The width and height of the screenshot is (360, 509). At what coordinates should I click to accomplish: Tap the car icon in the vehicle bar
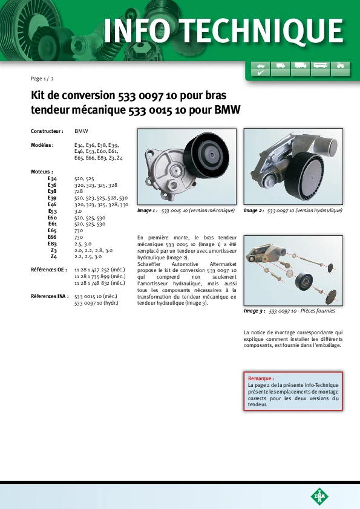pos(261,65)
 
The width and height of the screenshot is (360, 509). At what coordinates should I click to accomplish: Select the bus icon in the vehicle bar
pos(320,65)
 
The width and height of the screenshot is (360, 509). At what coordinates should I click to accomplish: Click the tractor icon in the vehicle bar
pos(340,65)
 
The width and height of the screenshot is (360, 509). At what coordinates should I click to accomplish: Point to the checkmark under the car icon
pos(261,73)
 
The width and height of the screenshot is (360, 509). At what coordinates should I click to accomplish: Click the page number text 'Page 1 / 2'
pos(42,79)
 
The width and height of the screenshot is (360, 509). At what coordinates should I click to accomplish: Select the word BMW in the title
pos(227,109)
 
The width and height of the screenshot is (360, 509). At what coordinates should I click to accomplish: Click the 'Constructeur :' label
pos(47,131)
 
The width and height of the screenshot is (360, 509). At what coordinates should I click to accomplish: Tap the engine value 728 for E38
pos(79,191)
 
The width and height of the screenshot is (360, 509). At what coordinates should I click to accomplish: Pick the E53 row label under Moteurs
pos(52,211)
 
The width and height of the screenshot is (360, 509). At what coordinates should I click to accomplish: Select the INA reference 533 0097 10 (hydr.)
pos(96,303)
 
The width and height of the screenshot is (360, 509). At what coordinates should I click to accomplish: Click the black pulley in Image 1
pos(207,155)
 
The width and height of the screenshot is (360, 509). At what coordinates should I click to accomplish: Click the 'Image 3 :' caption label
pos(254,311)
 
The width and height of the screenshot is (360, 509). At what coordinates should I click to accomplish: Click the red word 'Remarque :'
pos(261,378)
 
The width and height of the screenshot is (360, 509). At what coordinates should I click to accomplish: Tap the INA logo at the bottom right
pos(319,496)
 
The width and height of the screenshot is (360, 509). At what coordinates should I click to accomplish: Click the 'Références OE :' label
pos(49,270)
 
